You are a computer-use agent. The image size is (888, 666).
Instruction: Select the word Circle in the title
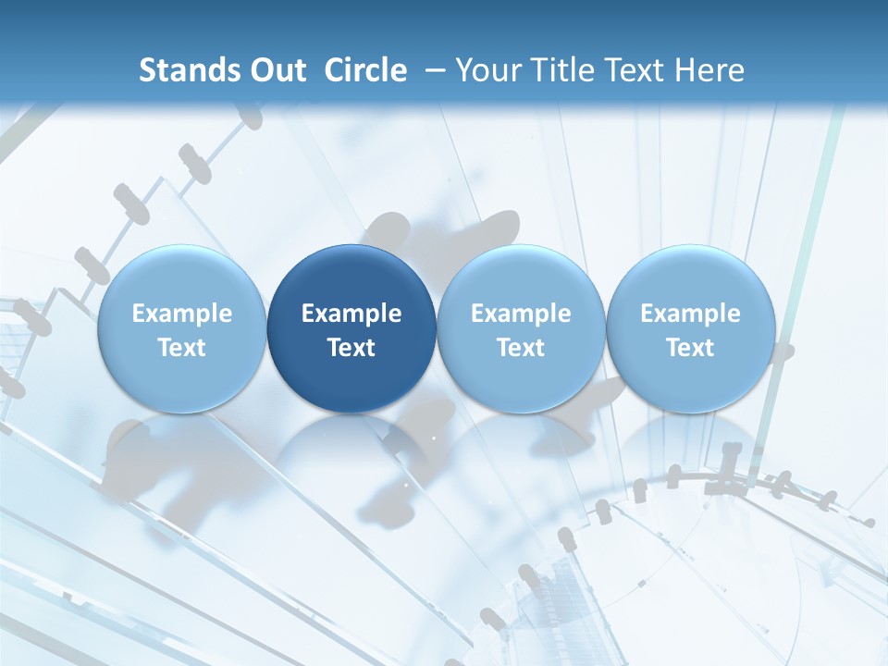point(365,70)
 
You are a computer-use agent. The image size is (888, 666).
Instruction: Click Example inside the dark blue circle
point(351,314)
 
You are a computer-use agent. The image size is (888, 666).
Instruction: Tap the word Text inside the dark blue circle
point(351,348)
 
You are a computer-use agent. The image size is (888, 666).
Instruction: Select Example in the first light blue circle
point(182,314)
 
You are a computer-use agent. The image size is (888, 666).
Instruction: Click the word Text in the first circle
point(182,348)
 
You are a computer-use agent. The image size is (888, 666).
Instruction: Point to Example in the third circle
point(521,314)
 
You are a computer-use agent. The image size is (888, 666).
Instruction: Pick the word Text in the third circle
point(521,348)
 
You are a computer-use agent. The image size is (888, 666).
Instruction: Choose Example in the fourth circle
point(690,314)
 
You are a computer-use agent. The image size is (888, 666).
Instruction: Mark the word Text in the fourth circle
point(690,348)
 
